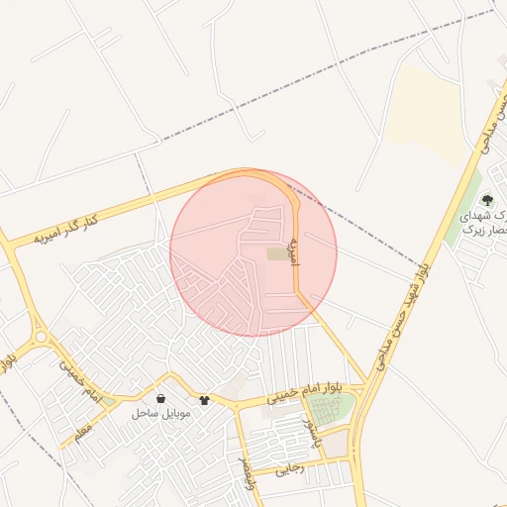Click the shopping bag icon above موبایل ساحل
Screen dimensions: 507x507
[x=160, y=398]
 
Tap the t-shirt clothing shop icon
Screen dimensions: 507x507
[x=205, y=400]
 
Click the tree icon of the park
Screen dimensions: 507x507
[x=485, y=200]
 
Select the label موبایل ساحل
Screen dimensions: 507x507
[x=160, y=412]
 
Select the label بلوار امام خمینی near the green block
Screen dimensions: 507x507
[x=307, y=394]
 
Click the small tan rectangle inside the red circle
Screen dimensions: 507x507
[x=277, y=254]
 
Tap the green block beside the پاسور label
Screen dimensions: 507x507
[x=335, y=411]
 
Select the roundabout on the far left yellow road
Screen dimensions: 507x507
[x=41, y=337]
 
